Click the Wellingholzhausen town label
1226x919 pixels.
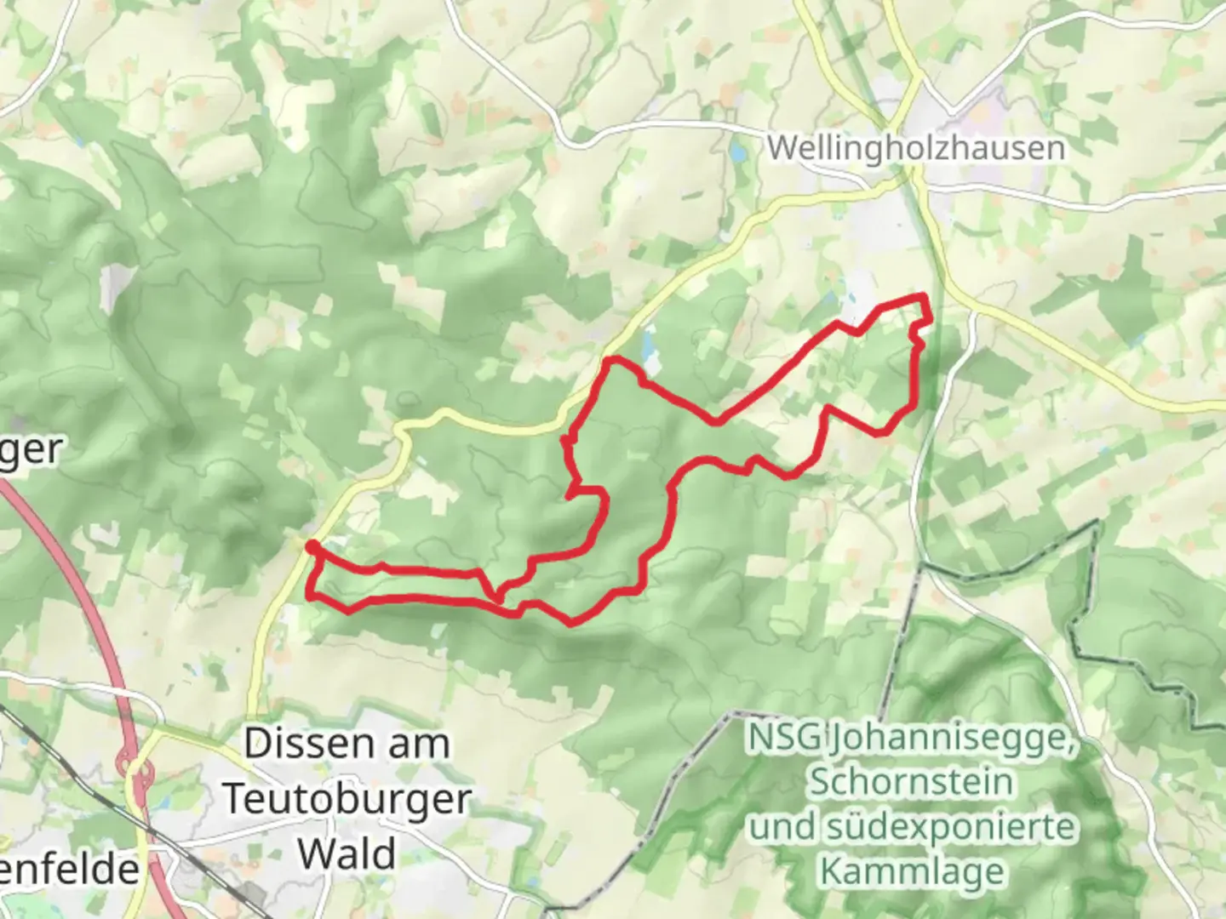coord(915,148)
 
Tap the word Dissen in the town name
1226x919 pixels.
coord(300,745)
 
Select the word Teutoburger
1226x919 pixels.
coord(347,800)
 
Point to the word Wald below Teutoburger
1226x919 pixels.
coord(347,853)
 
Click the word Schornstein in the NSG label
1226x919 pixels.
coord(911,781)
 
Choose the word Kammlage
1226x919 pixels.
coord(911,871)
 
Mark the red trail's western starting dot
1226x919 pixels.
coord(312,545)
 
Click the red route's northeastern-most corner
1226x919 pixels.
coord(923,296)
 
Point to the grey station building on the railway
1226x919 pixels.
coord(252,893)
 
